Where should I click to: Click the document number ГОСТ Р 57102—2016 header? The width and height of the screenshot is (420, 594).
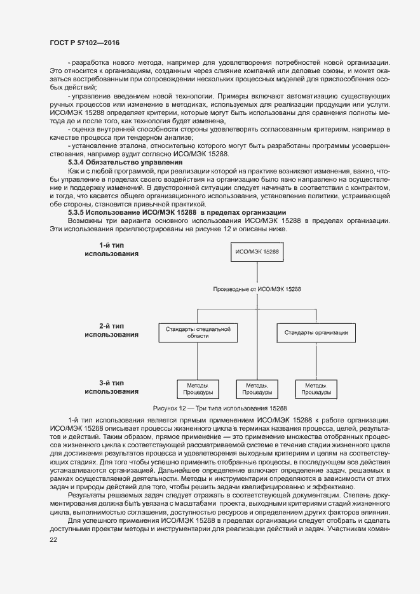click(84, 43)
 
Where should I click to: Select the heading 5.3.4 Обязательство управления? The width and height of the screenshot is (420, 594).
click(111, 163)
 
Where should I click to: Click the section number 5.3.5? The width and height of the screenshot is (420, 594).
click(78, 212)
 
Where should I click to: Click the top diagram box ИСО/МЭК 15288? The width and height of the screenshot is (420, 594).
click(257, 252)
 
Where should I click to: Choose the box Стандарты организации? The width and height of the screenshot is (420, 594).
click(316, 332)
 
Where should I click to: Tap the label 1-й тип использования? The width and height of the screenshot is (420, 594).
click(112, 248)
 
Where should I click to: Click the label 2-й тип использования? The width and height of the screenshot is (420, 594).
click(112, 329)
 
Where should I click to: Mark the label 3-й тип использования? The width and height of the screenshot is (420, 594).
click(112, 387)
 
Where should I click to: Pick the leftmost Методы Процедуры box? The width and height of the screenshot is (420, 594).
click(197, 389)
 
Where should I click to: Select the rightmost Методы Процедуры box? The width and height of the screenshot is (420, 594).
click(316, 389)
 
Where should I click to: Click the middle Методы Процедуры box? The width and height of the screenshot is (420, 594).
click(257, 389)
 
